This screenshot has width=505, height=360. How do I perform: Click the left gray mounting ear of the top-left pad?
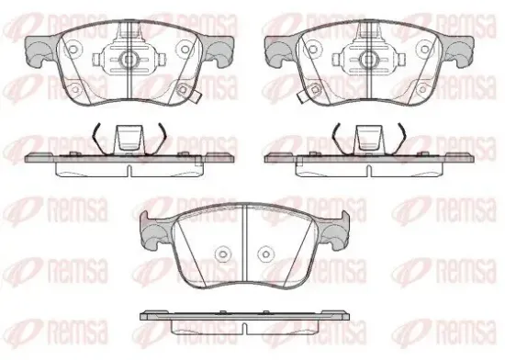(x=40, y=51)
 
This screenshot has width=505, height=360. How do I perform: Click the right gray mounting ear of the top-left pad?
(x=219, y=51)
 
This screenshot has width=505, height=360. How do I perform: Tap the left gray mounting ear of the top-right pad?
(x=280, y=51)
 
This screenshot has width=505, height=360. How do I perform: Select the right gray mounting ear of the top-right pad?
(x=458, y=51)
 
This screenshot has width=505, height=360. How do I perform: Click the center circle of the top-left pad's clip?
(x=129, y=60)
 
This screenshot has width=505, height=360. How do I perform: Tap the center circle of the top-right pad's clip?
(x=368, y=60)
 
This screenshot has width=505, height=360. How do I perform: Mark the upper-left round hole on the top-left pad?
(x=73, y=50)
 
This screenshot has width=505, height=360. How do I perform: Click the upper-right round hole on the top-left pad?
(x=185, y=50)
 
